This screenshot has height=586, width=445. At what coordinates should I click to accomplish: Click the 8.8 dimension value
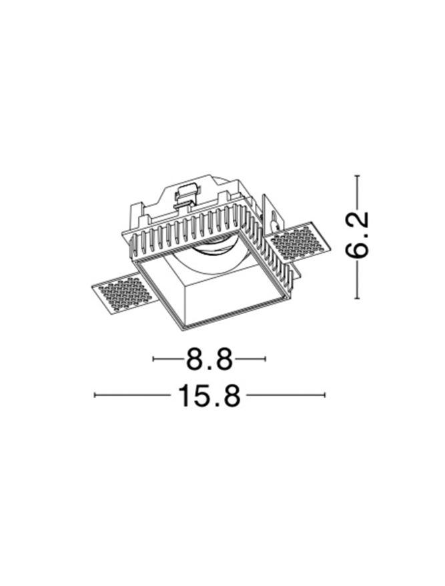pos(209,359)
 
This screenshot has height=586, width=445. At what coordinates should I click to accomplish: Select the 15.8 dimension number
pos(209,395)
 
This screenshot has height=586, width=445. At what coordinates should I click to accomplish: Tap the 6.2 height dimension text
pos(357,235)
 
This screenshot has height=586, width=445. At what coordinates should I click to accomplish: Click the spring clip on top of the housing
pos(186,196)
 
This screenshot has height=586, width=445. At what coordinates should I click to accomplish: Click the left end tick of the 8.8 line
pos(153,359)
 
